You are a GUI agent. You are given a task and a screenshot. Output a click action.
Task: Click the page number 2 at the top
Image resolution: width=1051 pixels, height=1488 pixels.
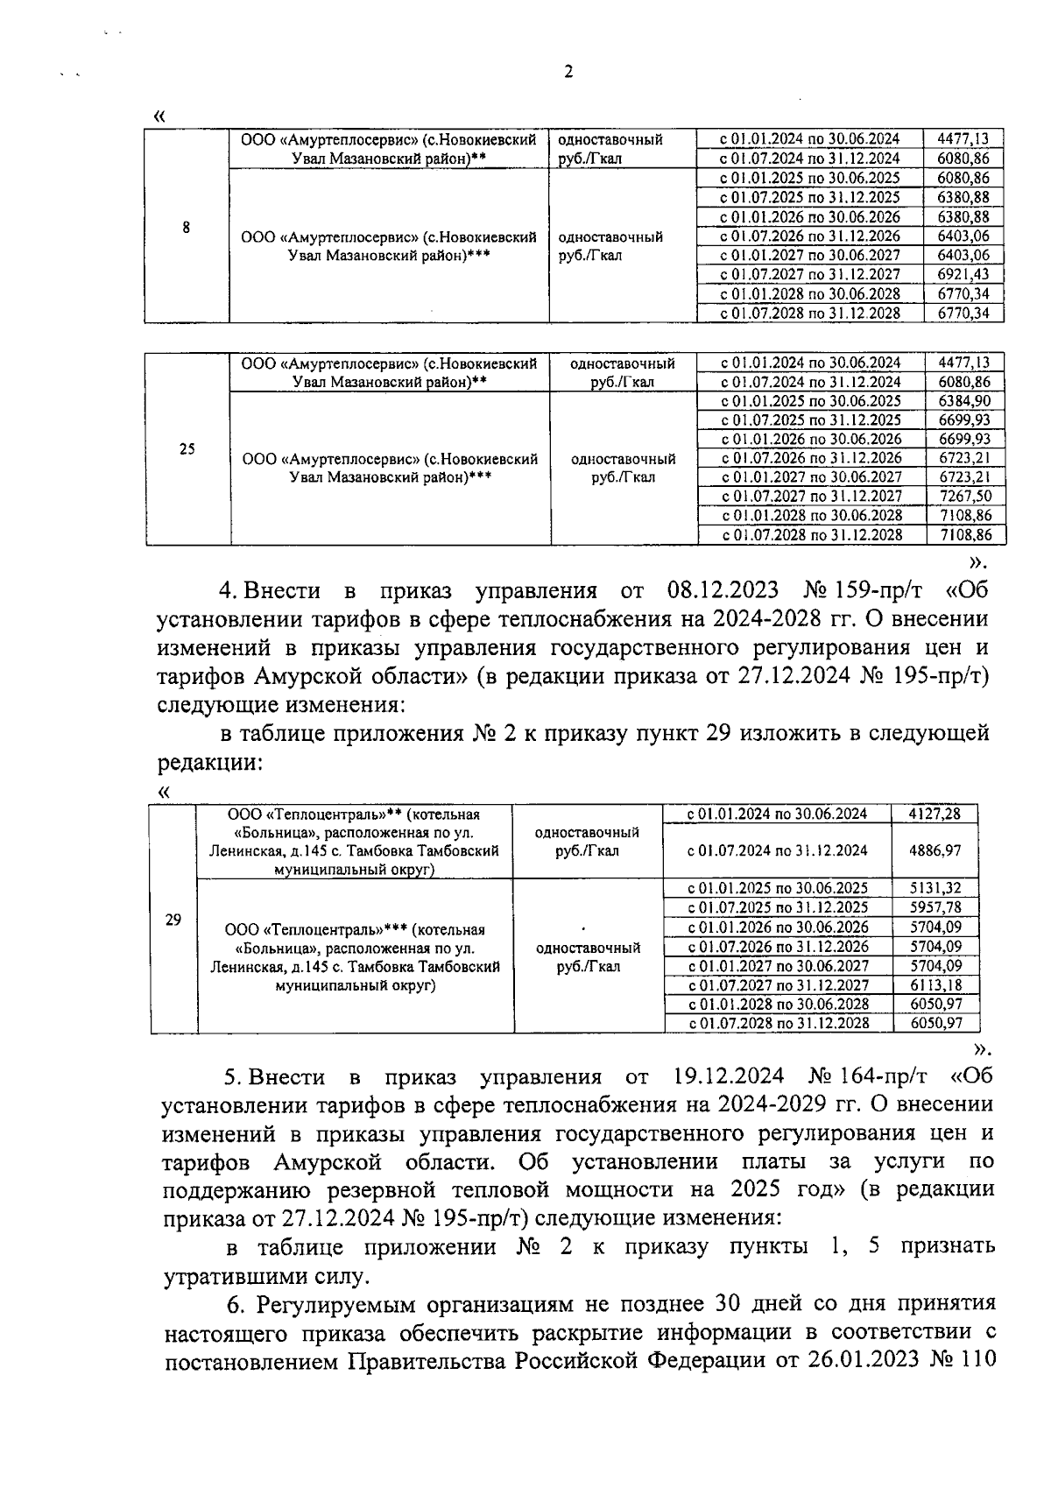coord(568,73)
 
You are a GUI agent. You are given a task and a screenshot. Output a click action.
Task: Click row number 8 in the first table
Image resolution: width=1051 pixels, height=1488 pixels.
coord(186,227)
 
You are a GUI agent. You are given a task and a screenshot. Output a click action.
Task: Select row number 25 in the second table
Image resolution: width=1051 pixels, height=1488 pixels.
coord(187,449)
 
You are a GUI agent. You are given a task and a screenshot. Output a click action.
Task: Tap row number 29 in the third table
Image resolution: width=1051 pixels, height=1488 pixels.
coord(173,919)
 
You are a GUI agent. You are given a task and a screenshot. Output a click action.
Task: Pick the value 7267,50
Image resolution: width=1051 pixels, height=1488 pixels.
coord(964,496)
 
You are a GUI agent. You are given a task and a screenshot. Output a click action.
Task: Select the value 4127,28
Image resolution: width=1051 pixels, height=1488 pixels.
coord(935,814)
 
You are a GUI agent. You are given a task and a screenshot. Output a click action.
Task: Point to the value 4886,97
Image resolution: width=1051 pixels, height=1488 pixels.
coord(935,850)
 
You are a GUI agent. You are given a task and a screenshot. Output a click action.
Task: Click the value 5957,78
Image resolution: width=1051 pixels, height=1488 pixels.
coord(935,907)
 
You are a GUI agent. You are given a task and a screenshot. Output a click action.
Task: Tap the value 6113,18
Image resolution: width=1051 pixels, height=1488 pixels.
coord(935,984)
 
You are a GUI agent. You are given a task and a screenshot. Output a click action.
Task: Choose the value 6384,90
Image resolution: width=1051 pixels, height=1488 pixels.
coord(964,400)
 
